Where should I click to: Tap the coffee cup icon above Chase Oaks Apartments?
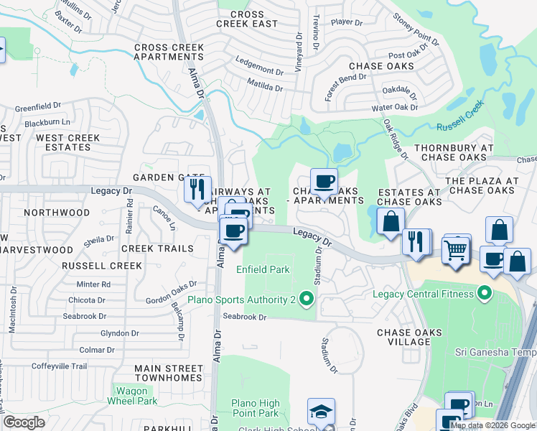point(324,181)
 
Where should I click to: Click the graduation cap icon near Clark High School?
point(321,412)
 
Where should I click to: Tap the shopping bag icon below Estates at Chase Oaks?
point(390,222)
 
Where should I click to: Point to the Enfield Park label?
point(263,269)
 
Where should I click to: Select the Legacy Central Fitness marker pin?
point(485,293)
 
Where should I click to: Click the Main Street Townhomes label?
point(169,373)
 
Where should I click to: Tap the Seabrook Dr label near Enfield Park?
point(244,317)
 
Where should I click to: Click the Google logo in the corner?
point(24,422)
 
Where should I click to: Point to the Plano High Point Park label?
point(255,408)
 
